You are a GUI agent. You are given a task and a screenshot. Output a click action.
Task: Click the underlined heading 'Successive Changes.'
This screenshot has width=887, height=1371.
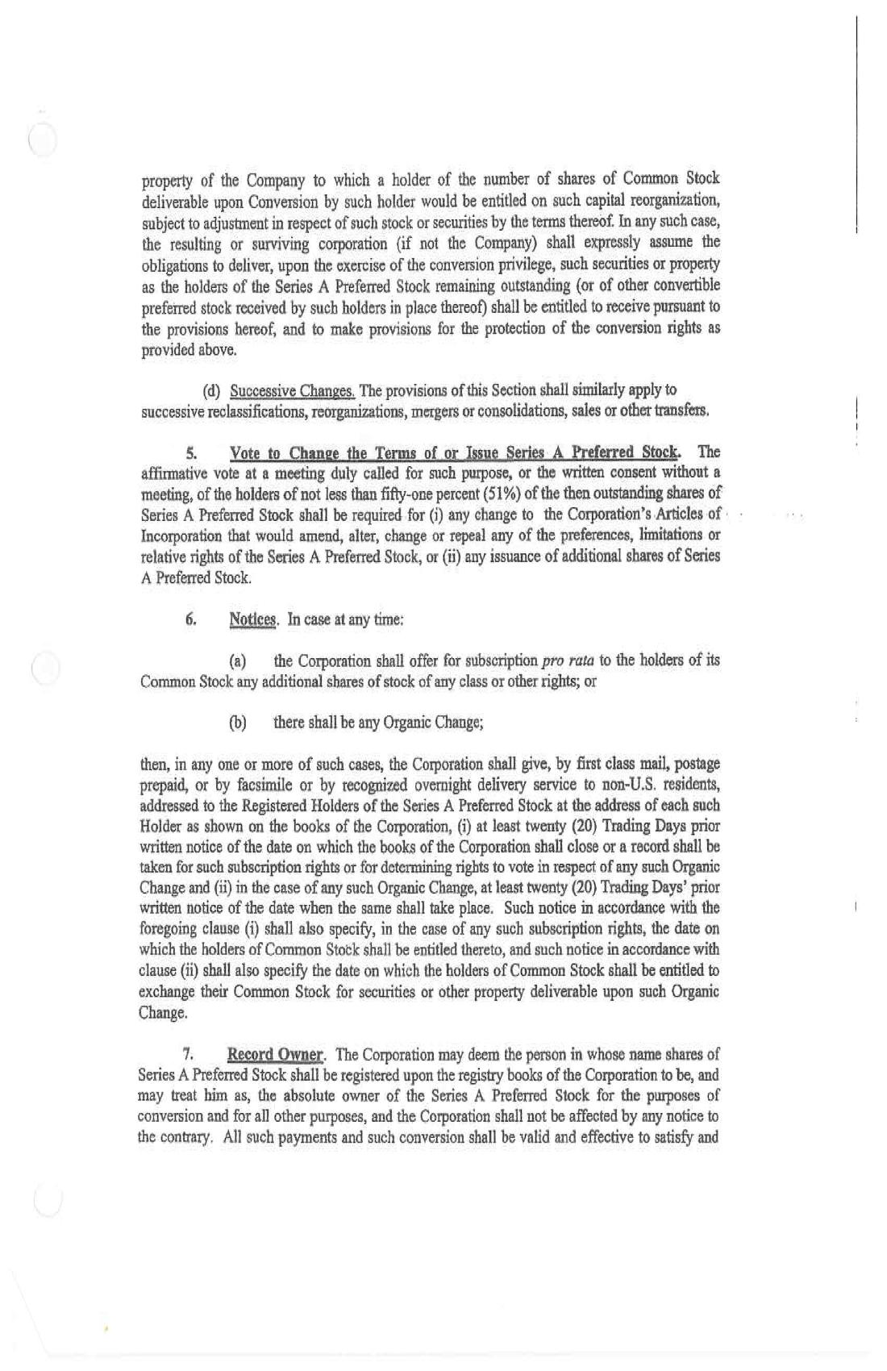(293, 391)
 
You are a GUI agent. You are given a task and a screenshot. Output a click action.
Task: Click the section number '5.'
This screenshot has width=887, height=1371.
(193, 451)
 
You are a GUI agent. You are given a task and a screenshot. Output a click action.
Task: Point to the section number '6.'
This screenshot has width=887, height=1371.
(191, 619)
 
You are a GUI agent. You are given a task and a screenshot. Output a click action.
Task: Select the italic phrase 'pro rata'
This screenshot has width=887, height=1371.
(567, 661)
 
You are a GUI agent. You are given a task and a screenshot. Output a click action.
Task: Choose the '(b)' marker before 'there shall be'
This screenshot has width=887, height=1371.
(238, 723)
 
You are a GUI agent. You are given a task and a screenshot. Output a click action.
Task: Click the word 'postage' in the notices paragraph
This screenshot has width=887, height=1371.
(697, 763)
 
